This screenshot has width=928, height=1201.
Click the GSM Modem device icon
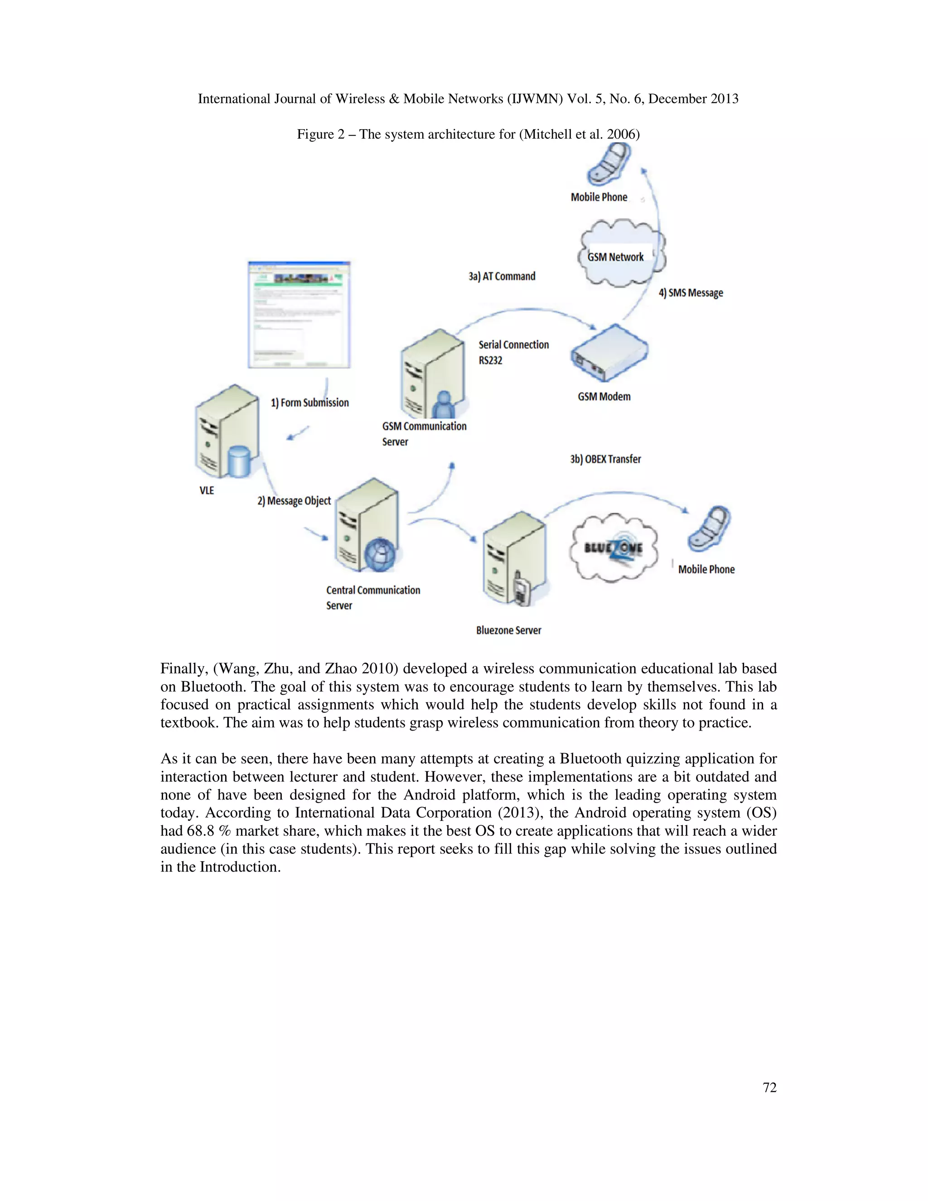pyautogui.click(x=609, y=353)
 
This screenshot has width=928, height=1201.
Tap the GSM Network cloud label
pyautogui.click(x=615, y=257)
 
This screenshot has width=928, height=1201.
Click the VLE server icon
pyautogui.click(x=227, y=431)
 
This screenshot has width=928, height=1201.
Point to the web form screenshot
pyautogui.click(x=299, y=315)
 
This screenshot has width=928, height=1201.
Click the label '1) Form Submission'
pyautogui.click(x=309, y=402)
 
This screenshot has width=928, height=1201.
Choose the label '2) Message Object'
pyautogui.click(x=294, y=501)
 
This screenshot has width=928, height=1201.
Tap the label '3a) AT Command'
pyautogui.click(x=502, y=276)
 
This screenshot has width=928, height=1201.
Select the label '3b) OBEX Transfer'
pyautogui.click(x=605, y=459)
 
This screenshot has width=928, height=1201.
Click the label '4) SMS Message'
pyautogui.click(x=691, y=293)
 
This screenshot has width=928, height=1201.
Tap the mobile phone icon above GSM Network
pyautogui.click(x=608, y=164)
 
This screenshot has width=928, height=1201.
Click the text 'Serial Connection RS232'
pyautogui.click(x=513, y=352)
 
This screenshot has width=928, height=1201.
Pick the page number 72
pyautogui.click(x=769, y=1088)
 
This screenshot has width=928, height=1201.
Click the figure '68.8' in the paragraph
pyautogui.click(x=200, y=831)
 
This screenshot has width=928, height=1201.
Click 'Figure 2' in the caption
pyautogui.click(x=320, y=134)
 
